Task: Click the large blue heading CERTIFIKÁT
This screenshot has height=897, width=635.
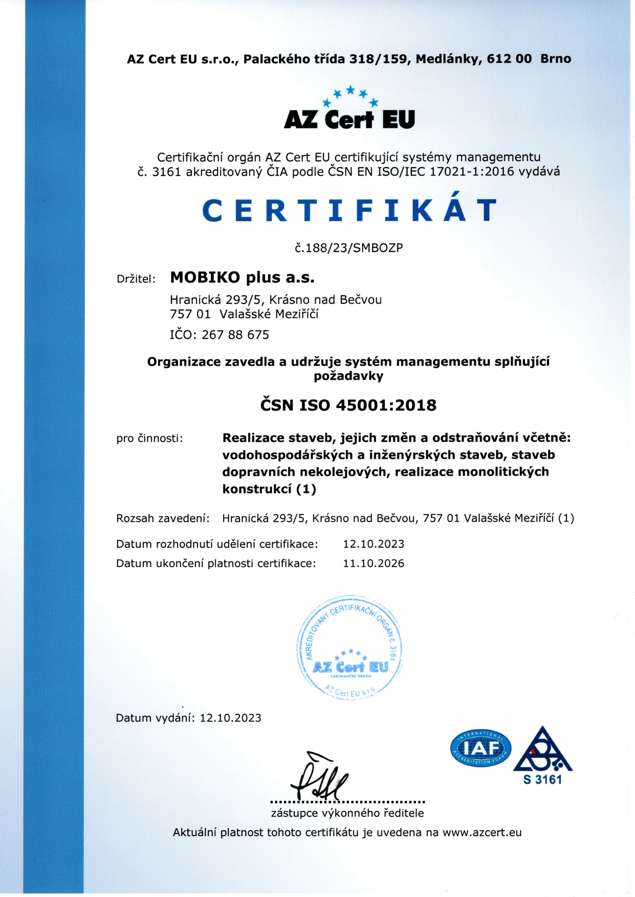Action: [349, 210]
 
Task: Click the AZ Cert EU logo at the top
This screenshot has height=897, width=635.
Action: [349, 110]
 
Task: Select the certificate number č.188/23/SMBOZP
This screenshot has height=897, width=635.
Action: [349, 248]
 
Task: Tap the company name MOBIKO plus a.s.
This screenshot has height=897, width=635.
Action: [242, 278]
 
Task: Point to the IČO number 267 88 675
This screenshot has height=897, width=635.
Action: [235, 335]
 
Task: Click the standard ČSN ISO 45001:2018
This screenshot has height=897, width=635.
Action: [348, 406]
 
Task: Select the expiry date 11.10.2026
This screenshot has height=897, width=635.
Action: [374, 564]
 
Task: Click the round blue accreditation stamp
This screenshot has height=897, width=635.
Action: [349, 647]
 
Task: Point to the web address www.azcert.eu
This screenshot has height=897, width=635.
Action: [482, 833]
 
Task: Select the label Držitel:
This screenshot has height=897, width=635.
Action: [136, 279]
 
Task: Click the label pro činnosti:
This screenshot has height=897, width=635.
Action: [149, 438]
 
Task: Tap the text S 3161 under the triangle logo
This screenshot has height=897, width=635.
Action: [542, 780]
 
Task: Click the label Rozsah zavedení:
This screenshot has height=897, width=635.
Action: [163, 519]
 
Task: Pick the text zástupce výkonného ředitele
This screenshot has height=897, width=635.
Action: [347, 813]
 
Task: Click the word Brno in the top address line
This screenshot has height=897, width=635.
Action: [556, 59]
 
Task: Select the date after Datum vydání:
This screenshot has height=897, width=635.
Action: [230, 718]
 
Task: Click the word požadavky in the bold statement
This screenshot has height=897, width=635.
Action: [348, 376]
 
